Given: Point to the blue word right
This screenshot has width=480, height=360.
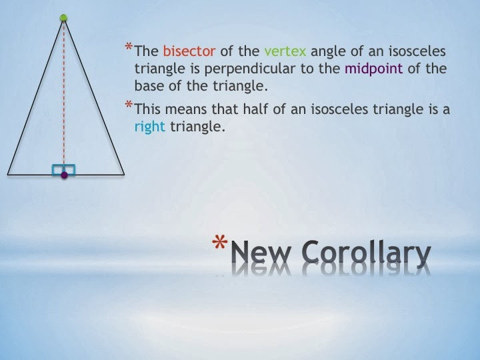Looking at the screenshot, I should [149, 127].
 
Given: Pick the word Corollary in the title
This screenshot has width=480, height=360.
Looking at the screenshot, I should [366, 254].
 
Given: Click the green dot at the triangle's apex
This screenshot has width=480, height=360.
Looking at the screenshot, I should [64, 18].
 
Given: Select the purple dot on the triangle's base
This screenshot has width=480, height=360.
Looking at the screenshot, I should [64, 175].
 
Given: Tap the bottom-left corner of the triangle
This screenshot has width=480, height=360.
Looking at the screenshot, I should [8, 174].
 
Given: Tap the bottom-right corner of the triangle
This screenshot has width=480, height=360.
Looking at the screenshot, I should [124, 174].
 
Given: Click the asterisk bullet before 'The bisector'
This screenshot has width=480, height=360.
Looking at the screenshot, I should [129, 47].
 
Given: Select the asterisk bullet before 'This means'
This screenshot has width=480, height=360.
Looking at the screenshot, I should [129, 105].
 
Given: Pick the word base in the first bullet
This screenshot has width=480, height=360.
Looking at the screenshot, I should [149, 86].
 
